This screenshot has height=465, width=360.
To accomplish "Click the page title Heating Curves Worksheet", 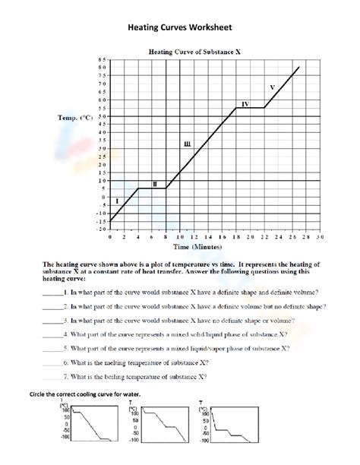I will (x=179, y=27).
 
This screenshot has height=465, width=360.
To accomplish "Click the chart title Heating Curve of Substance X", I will (x=194, y=52).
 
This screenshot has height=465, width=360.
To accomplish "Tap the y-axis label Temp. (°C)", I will (x=75, y=119).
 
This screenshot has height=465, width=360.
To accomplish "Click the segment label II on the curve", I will (x=155, y=184).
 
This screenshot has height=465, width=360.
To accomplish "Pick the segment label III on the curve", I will (x=187, y=144).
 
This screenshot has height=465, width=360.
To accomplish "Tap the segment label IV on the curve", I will (x=245, y=103).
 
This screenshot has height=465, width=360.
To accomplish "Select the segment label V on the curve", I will (x=271, y=87).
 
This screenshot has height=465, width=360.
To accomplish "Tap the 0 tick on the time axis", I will (x=110, y=237).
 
